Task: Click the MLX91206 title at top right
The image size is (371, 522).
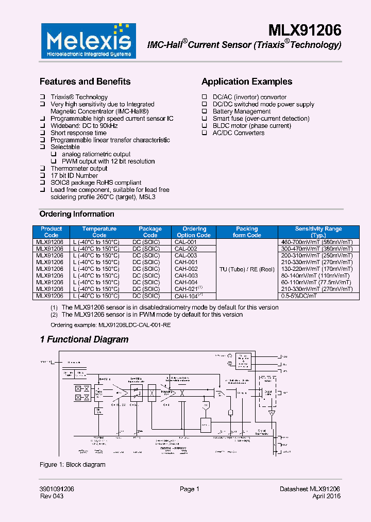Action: point(305,30)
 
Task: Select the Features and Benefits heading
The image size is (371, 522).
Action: point(85,81)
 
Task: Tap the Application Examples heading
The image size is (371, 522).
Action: point(247,81)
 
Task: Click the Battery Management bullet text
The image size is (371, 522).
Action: point(241,111)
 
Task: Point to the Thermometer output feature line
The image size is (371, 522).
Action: point(79,169)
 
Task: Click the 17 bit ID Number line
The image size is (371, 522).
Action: point(74,176)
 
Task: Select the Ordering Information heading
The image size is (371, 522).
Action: point(77,214)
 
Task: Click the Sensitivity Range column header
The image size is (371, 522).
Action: point(318,232)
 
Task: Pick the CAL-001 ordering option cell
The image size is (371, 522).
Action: point(185,242)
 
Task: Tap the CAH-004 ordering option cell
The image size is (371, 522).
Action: point(185,282)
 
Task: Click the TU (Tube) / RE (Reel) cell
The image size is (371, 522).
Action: point(247,269)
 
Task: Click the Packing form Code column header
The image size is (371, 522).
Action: point(247,232)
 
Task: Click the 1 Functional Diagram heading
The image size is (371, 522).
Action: point(84,339)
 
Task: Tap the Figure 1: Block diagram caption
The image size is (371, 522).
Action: point(72,465)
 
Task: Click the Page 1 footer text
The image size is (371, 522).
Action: point(189,489)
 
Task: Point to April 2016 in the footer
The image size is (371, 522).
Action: point(326,496)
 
